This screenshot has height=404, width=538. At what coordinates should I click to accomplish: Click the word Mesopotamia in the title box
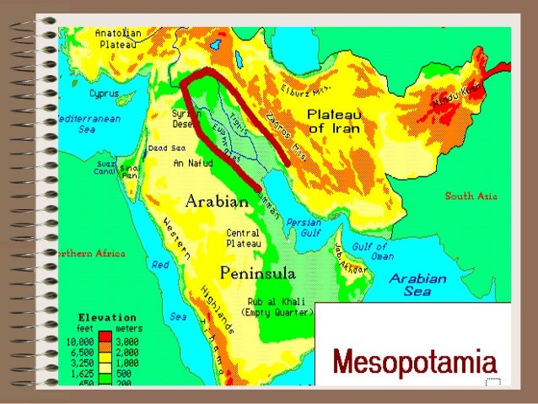coord(414,364)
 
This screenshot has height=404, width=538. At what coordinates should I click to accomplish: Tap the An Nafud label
coord(193,163)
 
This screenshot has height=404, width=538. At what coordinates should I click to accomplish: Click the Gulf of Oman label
coord(372,251)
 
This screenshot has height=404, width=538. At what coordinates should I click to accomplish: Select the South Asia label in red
coord(471,197)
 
